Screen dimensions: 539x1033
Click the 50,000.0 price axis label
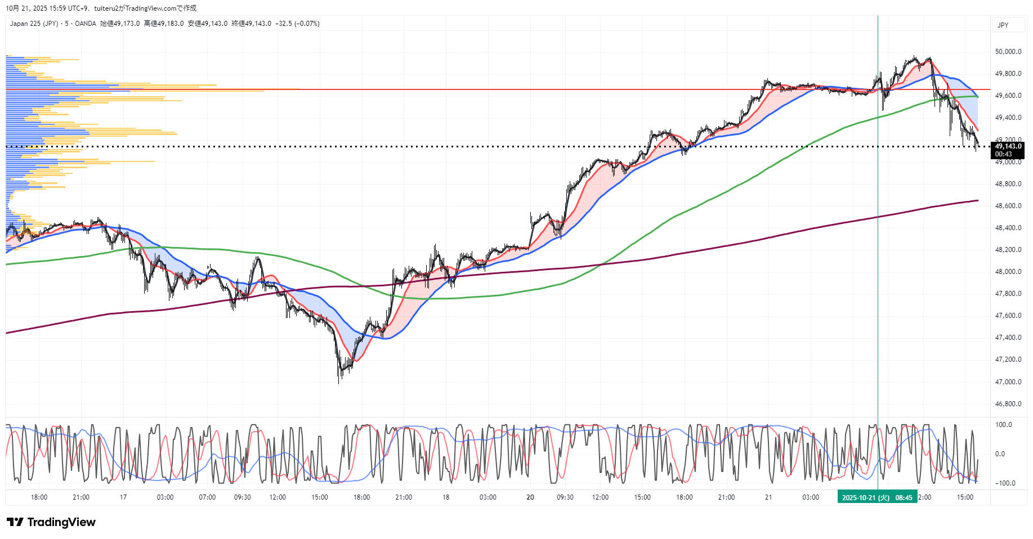(1008, 52)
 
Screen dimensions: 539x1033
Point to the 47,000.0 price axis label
(1008, 382)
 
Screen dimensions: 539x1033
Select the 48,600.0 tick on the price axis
(1008, 206)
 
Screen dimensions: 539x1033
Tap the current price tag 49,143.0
(1008, 146)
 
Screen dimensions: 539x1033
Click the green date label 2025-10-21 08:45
(877, 497)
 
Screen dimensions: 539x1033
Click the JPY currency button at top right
(1003, 25)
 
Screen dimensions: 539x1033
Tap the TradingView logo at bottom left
(52, 522)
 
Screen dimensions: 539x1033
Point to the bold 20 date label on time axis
(530, 497)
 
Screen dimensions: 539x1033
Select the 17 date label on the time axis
(123, 497)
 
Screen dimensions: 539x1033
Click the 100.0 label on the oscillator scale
(1004, 425)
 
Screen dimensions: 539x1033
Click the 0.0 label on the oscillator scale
(1000, 454)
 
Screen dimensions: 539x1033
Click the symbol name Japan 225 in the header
(34, 24)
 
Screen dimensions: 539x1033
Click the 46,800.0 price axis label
(1008, 404)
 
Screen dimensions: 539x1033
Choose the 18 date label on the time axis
(445, 497)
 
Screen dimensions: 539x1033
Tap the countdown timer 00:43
(1003, 154)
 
